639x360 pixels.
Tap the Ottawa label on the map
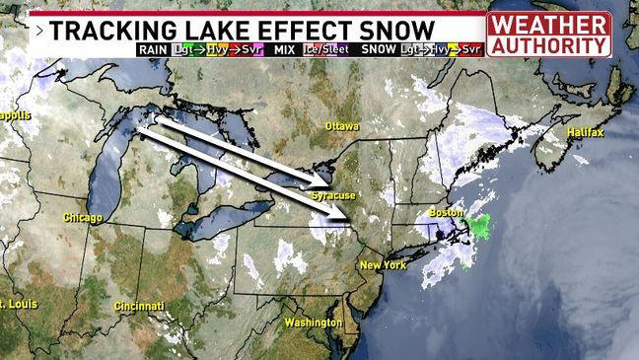342,126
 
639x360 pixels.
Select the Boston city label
447,212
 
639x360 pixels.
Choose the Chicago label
82,217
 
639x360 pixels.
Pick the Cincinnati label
138,306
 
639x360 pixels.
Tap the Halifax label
585,132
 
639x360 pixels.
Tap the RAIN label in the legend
153,48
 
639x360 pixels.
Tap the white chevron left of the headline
37,31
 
